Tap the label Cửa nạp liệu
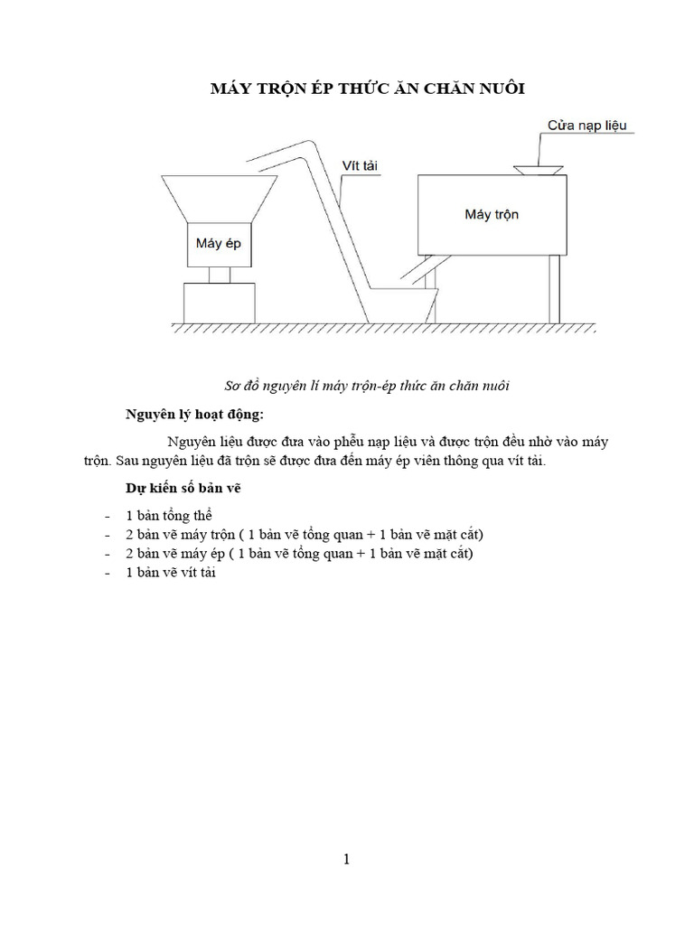(x=592, y=125)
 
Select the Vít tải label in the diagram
(x=359, y=165)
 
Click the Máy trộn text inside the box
(x=492, y=214)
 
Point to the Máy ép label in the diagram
(x=218, y=243)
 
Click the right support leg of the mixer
(x=554, y=289)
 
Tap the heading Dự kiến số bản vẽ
(x=182, y=489)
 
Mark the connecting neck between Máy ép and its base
(x=218, y=275)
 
